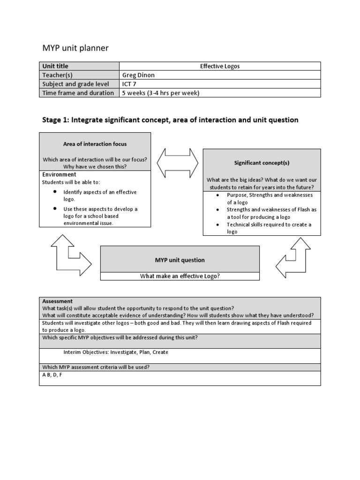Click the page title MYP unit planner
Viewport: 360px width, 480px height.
tap(75, 48)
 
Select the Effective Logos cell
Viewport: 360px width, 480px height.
tap(219, 66)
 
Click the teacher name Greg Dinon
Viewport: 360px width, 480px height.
tap(139, 75)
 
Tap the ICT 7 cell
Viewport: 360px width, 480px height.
tap(130, 84)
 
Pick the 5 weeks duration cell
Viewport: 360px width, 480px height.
tap(161, 93)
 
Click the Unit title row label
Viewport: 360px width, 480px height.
tap(55, 66)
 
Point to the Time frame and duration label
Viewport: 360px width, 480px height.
tap(78, 93)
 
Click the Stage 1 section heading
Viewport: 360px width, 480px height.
tap(170, 120)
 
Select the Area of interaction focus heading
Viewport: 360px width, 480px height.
tap(95, 144)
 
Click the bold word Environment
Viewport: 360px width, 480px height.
tap(60, 174)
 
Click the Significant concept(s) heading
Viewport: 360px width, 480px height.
tap(262, 163)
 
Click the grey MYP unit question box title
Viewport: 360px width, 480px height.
tap(180, 260)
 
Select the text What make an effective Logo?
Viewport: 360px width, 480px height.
tap(180, 276)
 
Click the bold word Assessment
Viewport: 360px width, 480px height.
tap(57, 301)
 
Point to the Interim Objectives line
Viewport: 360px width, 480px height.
tap(115, 352)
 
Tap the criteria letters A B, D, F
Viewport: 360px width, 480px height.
tap(52, 375)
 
